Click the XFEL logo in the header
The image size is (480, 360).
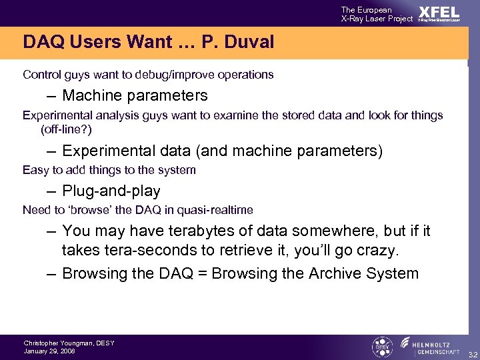[439, 13]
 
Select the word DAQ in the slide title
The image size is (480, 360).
[42, 43]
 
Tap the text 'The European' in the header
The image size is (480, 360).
[367, 9]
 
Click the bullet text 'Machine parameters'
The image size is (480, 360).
[135, 95]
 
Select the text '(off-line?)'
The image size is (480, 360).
[66, 129]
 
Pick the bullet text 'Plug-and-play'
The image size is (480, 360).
[111, 191]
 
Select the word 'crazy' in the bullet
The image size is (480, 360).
[378, 251]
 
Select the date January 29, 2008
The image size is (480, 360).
[49, 351]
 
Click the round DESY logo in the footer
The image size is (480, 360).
[381, 347]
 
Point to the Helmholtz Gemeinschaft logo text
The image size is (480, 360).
[437, 347]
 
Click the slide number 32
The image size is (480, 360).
[472, 353]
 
